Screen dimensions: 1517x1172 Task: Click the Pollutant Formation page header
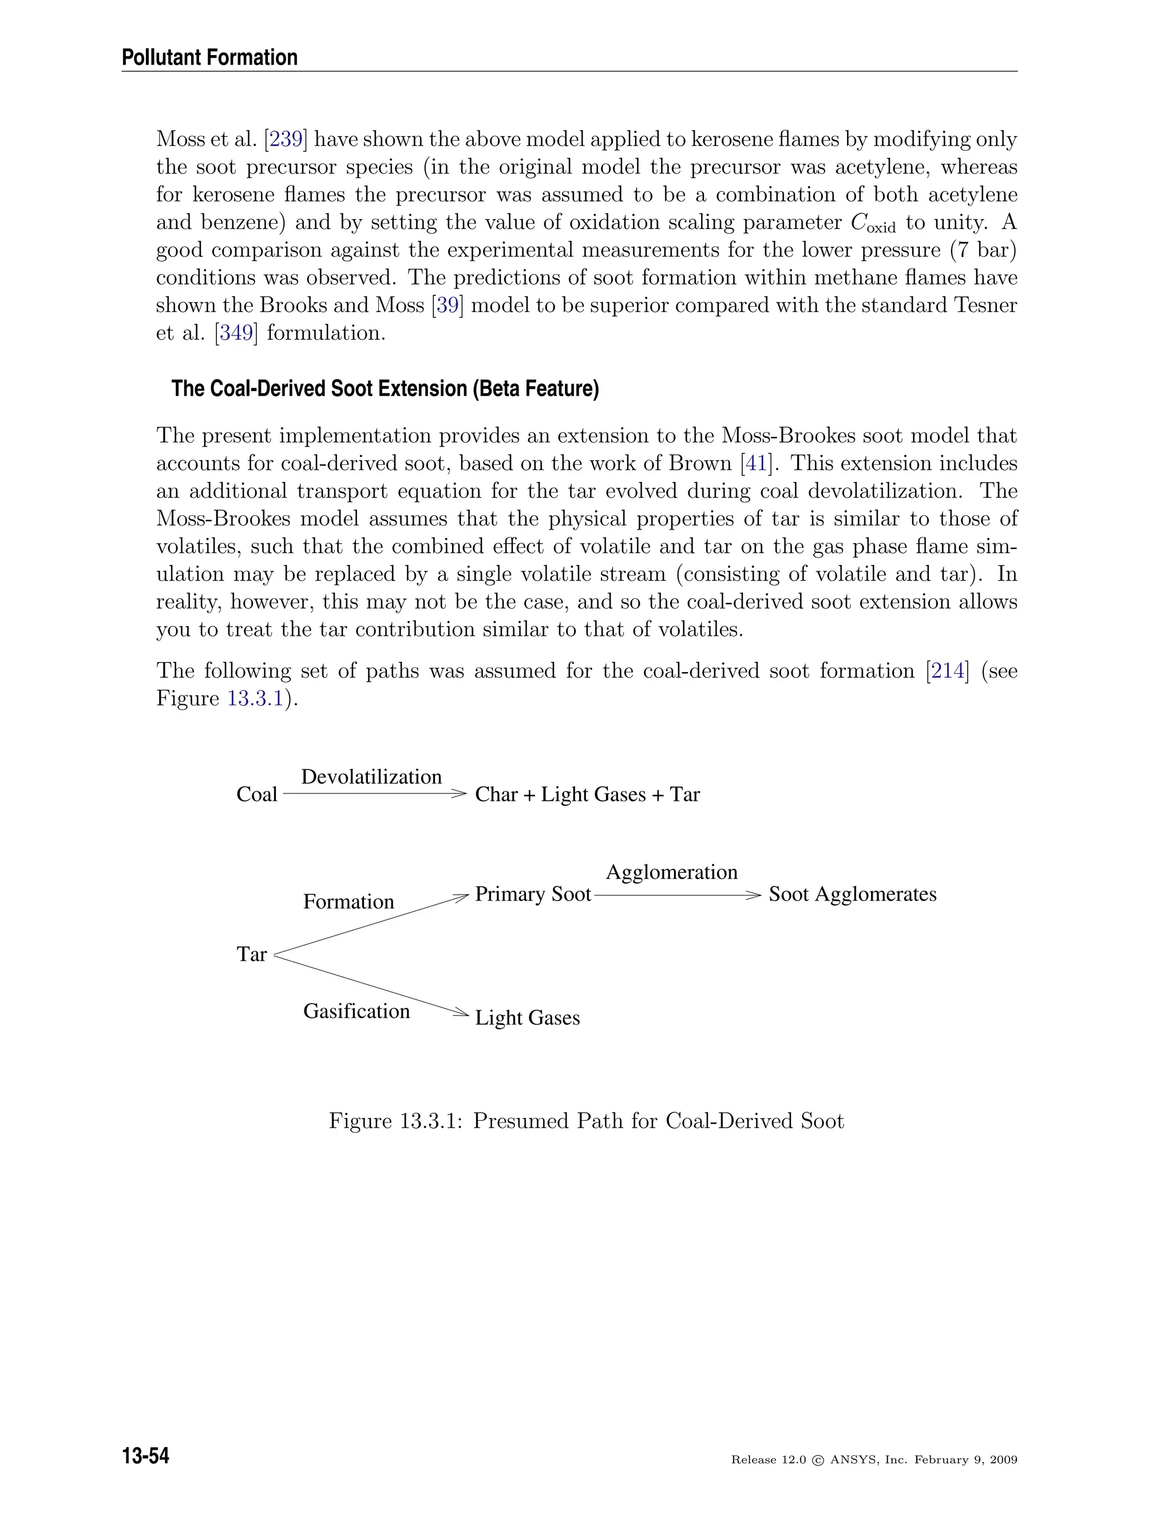209,58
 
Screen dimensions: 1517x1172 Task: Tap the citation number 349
236,333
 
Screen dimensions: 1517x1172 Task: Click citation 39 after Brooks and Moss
448,306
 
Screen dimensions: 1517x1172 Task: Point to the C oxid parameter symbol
872,224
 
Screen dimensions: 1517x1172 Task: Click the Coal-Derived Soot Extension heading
385,388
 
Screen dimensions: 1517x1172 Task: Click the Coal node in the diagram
256,795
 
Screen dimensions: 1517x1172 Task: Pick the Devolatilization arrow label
371,777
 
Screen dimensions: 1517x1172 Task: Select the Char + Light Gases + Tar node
587,795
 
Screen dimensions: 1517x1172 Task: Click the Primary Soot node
533,894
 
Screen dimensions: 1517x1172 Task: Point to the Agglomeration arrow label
671,872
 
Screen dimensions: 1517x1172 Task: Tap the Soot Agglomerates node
852,894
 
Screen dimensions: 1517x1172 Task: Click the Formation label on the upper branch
349,902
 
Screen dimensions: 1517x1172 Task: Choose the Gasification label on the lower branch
356,1012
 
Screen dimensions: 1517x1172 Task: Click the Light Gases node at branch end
527,1018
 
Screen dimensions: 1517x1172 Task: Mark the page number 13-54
146,1456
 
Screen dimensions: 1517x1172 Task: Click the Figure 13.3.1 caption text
586,1121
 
